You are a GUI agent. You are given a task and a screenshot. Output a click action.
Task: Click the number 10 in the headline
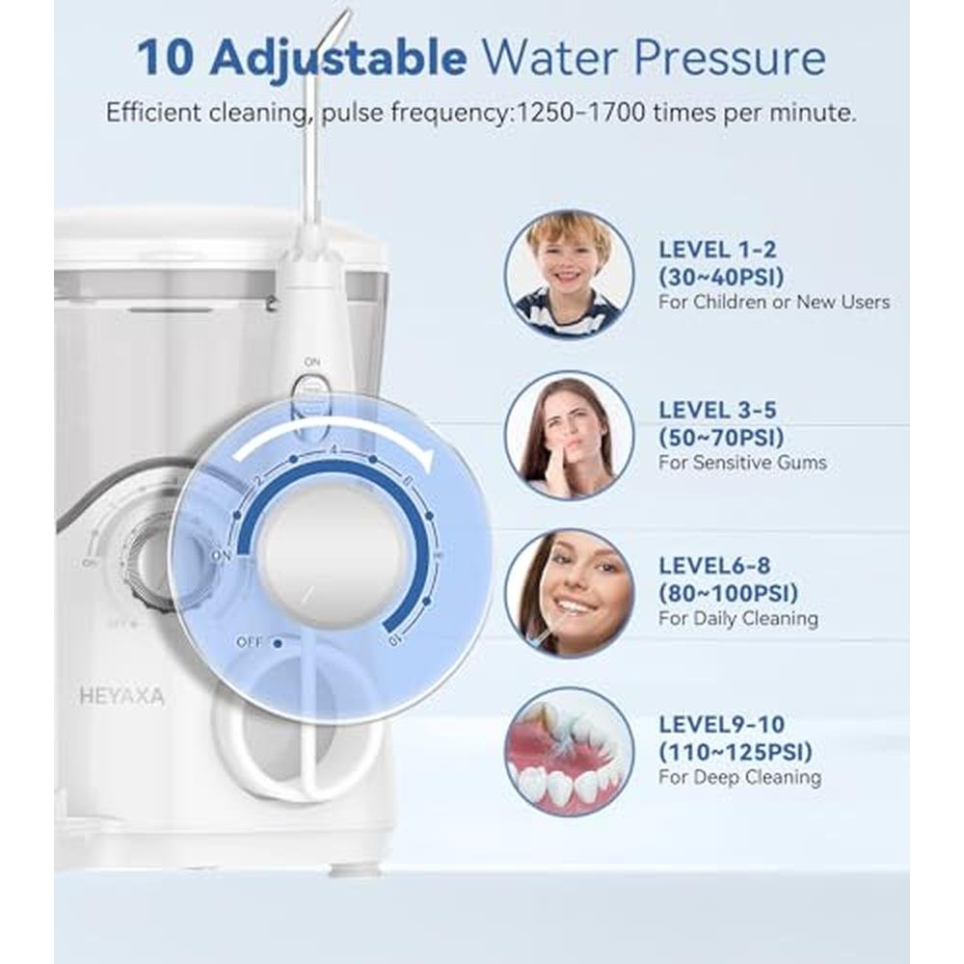tap(165, 58)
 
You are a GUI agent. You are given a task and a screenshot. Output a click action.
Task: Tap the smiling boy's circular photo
tap(569, 274)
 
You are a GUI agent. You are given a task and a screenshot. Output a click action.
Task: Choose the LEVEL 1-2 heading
tap(717, 250)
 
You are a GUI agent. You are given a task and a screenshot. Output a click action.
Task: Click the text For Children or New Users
tap(774, 303)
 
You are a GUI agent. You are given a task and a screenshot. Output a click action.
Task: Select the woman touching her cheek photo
tap(569, 434)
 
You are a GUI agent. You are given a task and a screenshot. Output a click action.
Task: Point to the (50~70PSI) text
tap(722, 438)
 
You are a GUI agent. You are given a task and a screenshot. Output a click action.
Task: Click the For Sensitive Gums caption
tap(742, 463)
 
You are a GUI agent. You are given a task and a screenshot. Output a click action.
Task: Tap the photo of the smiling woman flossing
tap(569, 593)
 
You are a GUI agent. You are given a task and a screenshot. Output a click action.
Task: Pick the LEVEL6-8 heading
tap(714, 566)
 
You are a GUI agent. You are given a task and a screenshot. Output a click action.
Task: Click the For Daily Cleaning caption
tap(738, 619)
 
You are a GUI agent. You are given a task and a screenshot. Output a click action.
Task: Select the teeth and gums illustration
tap(569, 751)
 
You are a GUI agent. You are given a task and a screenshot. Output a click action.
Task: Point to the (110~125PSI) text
tap(736, 751)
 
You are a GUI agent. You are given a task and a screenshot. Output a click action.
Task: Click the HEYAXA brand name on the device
tap(121, 697)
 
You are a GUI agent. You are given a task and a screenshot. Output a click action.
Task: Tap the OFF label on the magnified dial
tap(250, 642)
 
